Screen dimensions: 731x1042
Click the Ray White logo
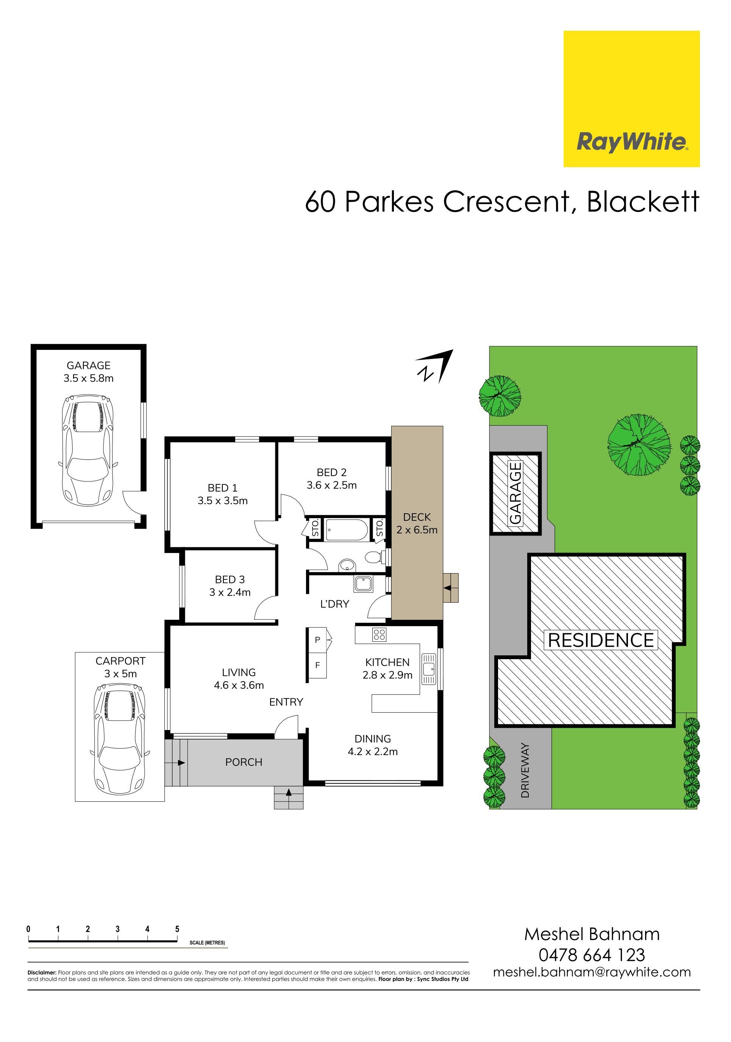coord(631,99)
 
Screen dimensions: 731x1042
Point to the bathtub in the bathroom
coord(347,529)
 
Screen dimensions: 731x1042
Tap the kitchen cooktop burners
coord(379,635)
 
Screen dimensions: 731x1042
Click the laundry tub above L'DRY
coord(364,584)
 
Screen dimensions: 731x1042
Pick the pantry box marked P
coord(317,640)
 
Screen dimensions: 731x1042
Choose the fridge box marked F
coord(317,665)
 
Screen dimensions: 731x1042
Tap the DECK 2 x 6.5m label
coord(417,523)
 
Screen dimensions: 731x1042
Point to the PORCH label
coord(244,762)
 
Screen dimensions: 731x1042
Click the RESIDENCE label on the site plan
coord(601,640)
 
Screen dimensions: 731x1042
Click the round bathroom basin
coord(347,565)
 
